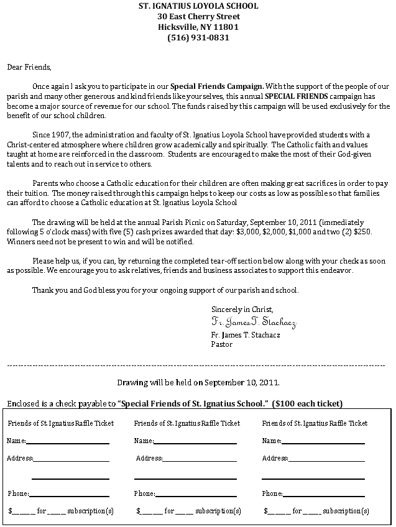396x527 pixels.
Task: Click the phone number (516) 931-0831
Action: tap(198, 37)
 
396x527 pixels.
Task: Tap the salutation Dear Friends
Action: tap(29, 66)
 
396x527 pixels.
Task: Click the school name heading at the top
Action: tap(198, 6)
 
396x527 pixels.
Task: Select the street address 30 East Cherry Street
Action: tap(198, 16)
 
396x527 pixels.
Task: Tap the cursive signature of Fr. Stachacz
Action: tap(254, 323)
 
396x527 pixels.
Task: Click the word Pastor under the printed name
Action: tap(222, 344)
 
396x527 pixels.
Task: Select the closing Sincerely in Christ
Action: tap(242, 309)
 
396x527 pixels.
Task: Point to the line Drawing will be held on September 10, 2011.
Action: tap(198, 382)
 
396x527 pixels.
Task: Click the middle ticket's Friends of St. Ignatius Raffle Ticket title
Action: tap(186, 423)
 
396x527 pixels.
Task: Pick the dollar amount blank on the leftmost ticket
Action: tap(24, 512)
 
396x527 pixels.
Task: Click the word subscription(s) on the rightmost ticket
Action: tap(346, 511)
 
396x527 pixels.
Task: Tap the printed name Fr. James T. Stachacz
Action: tap(246, 334)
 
